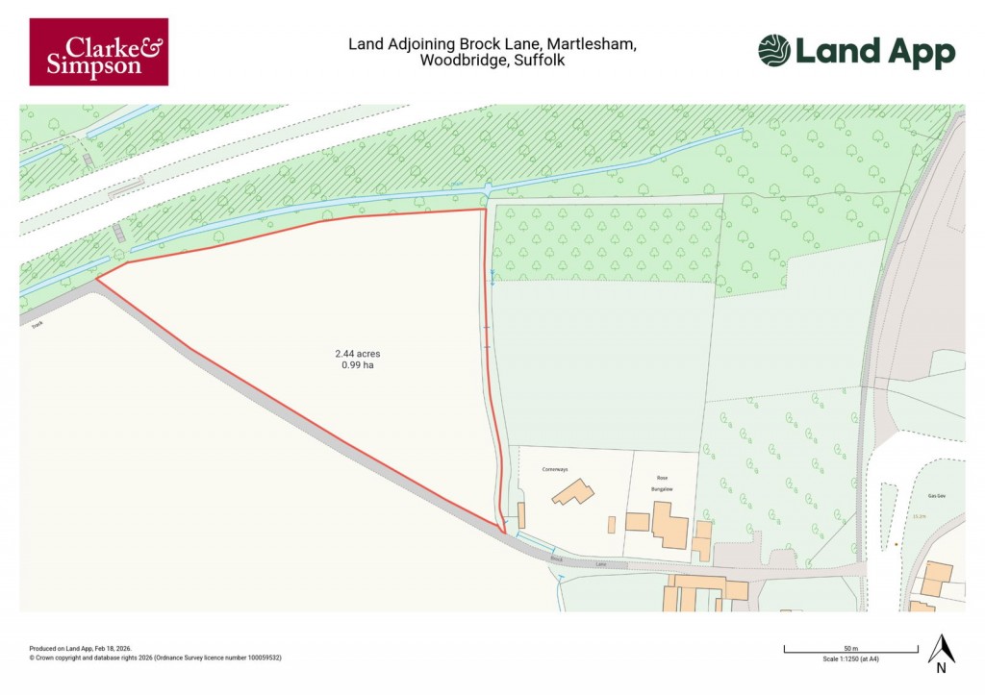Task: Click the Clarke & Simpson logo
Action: click(x=98, y=52)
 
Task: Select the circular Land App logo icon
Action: click(x=773, y=51)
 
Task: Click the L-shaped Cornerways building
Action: click(x=572, y=493)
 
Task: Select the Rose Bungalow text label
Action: click(x=662, y=484)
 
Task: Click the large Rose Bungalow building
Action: click(x=669, y=525)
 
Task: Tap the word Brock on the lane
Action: click(x=557, y=558)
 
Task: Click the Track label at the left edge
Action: click(x=37, y=324)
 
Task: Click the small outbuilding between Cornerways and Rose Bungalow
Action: click(x=611, y=525)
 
